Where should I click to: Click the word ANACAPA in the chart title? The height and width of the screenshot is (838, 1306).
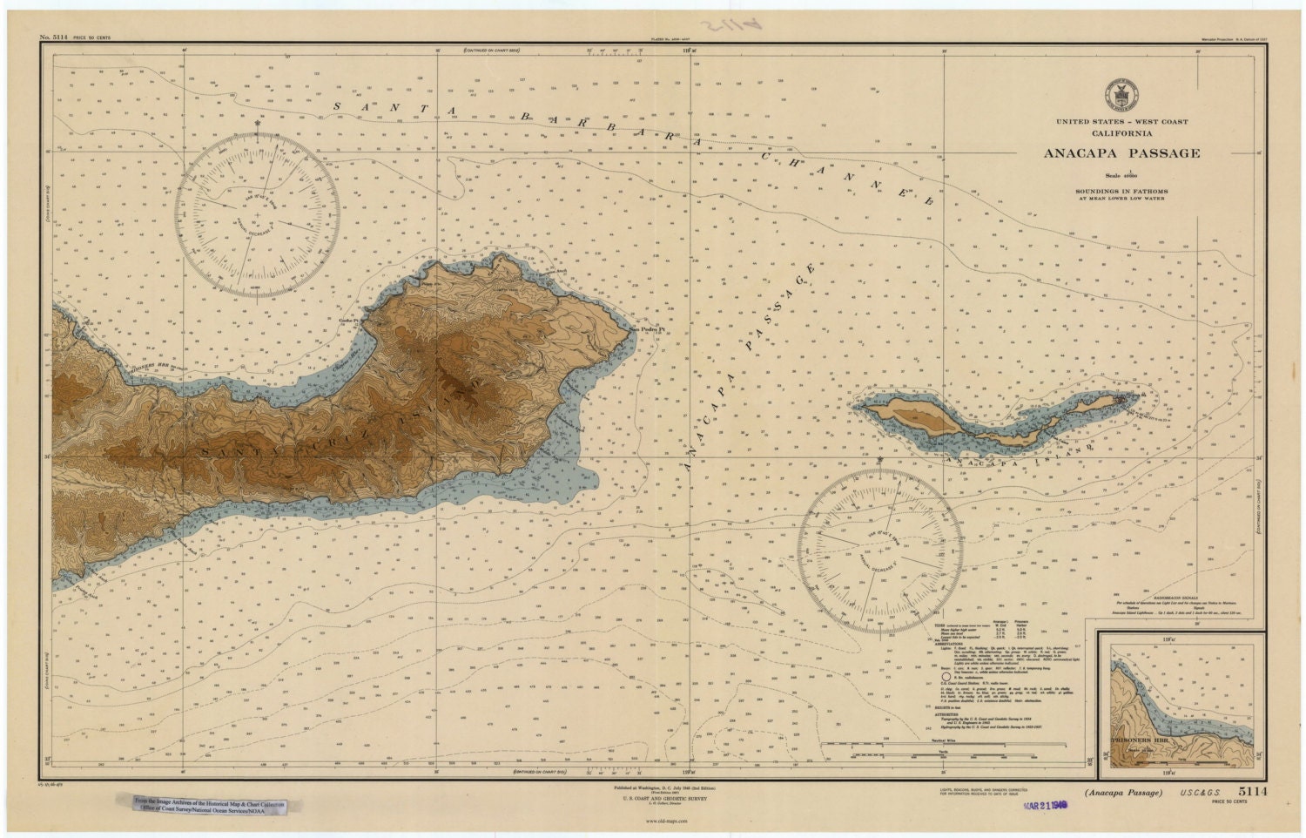1084,153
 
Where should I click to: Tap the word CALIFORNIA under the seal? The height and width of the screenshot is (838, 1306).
1121,133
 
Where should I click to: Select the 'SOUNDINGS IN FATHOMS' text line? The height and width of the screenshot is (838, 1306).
1121,191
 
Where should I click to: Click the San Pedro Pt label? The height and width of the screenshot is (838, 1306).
649,329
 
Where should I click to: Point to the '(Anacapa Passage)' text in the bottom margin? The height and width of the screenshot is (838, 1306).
1123,792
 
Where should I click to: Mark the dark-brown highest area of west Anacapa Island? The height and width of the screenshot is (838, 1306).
919,416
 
